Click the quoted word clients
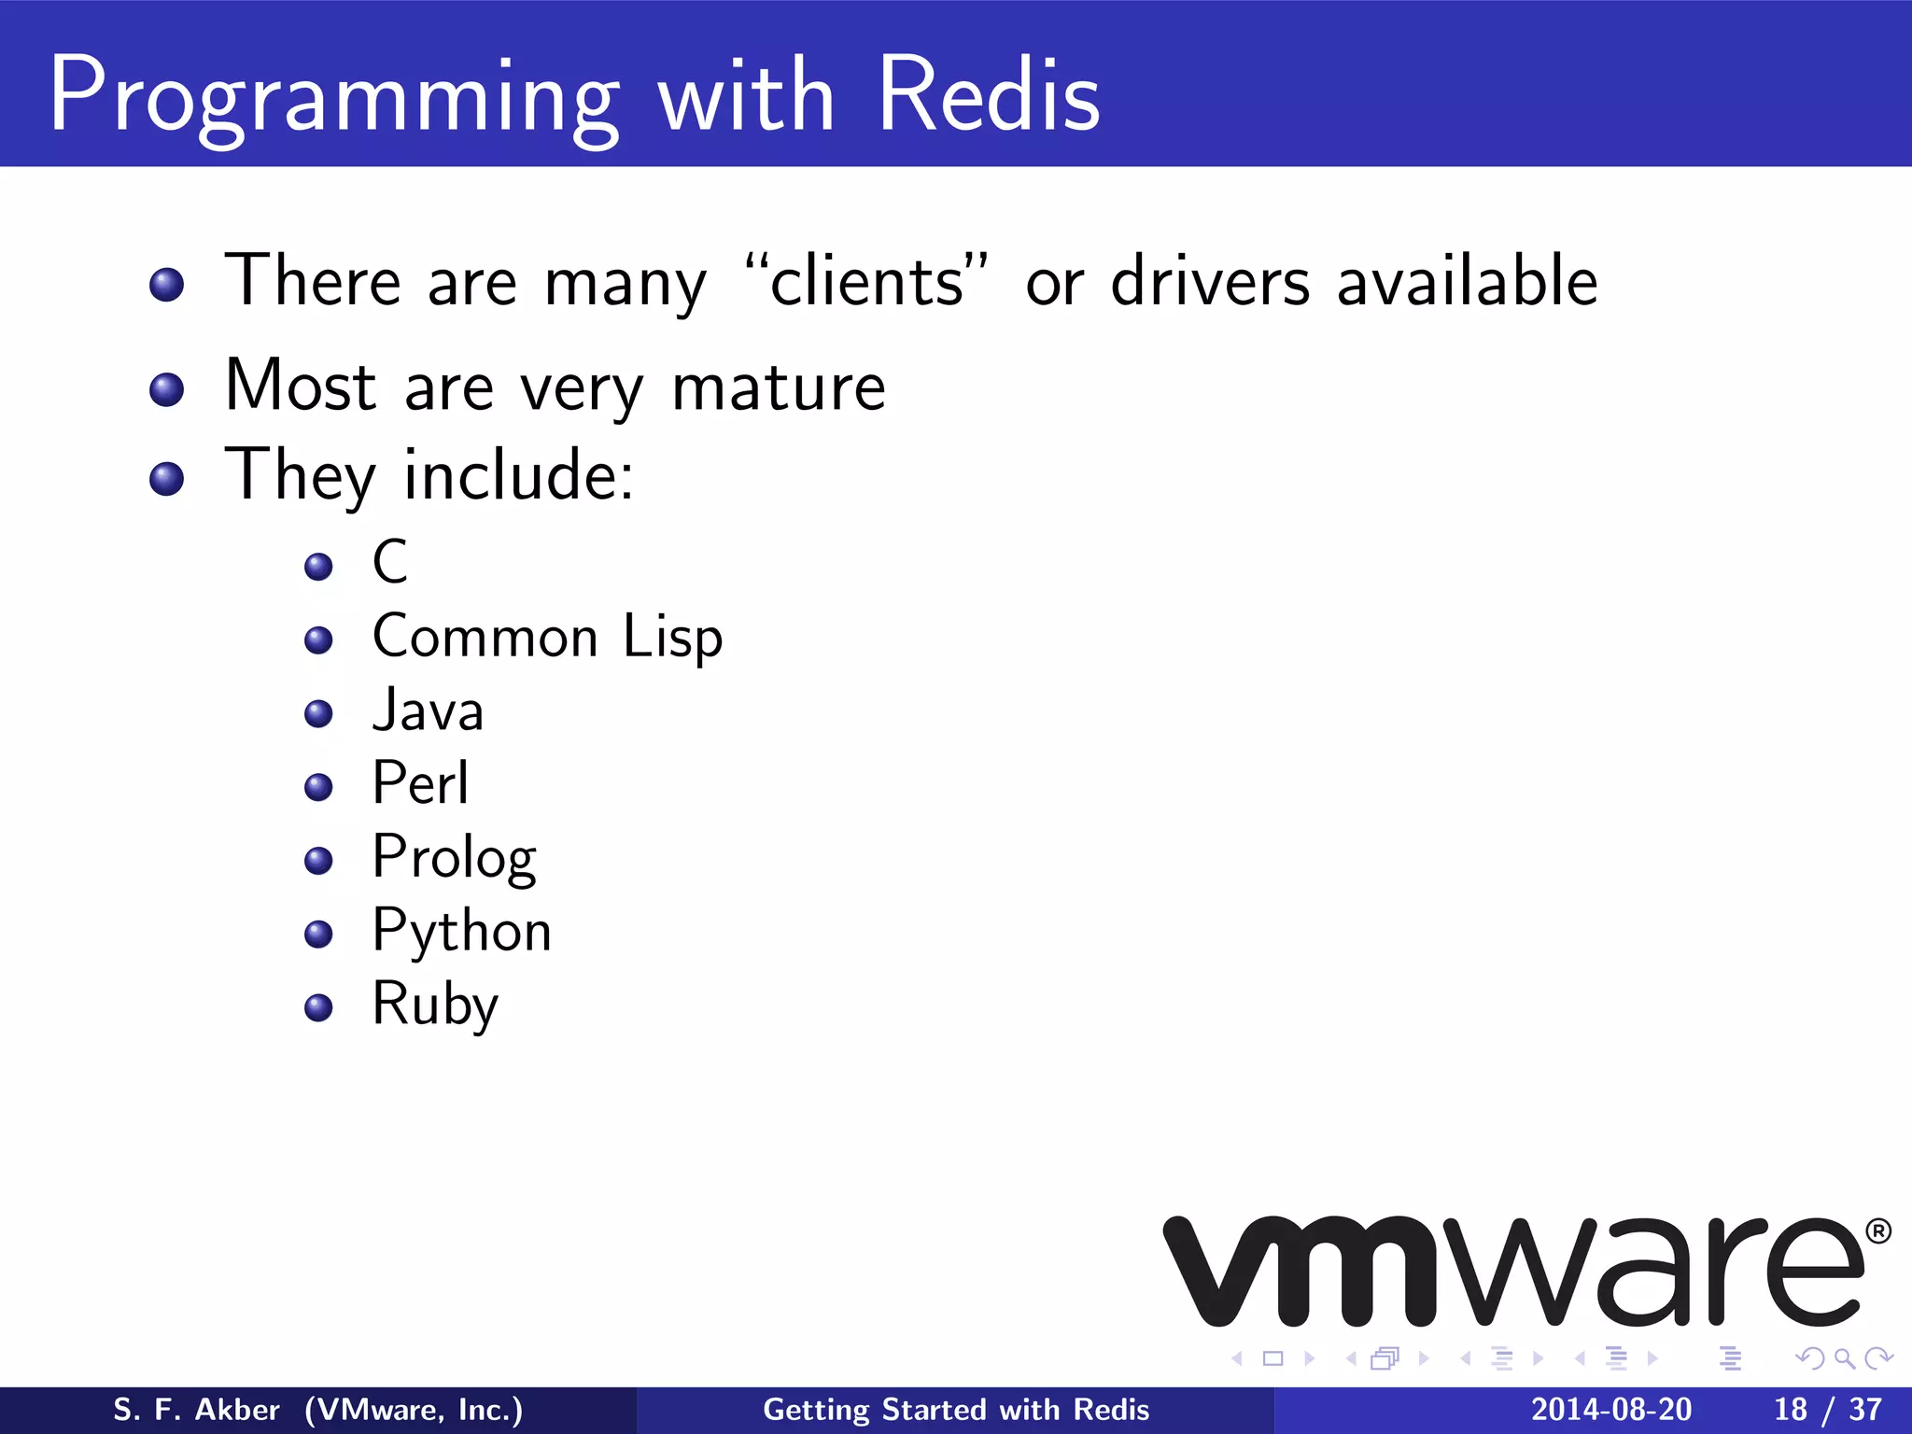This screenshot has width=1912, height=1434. click(x=866, y=281)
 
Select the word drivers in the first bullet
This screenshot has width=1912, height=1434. click(x=1211, y=281)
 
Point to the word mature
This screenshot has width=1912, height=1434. click(x=779, y=387)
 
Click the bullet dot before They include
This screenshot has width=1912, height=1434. click(x=166, y=479)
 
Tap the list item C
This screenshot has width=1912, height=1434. click(x=390, y=562)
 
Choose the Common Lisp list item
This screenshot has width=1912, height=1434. click(x=547, y=638)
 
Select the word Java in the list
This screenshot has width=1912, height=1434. click(x=429, y=710)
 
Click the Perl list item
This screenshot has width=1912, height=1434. click(x=420, y=783)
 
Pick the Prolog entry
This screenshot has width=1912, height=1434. click(x=454, y=858)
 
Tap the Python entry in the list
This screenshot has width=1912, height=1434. click(x=461, y=932)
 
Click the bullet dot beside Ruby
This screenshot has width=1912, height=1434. click(x=318, y=1007)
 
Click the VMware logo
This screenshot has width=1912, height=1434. click(x=1512, y=1272)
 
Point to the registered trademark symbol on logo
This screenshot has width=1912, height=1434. click(x=1878, y=1231)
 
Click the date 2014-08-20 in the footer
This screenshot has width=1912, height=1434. click(x=1610, y=1410)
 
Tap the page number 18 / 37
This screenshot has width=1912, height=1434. click(x=1827, y=1410)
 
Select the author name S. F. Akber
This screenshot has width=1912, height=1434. click(x=196, y=1410)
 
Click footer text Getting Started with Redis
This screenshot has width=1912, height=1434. click(x=956, y=1410)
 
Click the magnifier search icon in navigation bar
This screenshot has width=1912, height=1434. click(x=1844, y=1358)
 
